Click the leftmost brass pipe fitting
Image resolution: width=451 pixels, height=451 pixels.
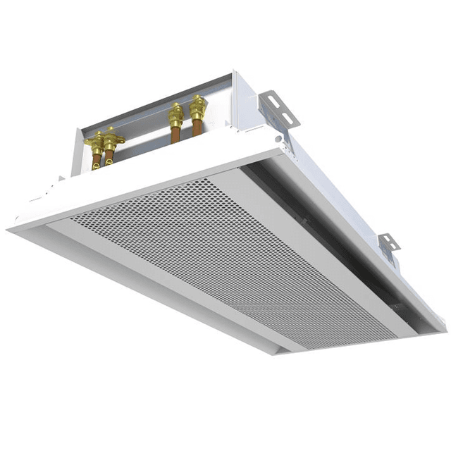(96, 143)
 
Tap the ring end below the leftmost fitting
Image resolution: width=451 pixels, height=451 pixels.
(97, 166)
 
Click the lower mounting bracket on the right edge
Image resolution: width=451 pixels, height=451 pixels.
(388, 243)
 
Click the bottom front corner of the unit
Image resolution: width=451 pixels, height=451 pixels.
(276, 352)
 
